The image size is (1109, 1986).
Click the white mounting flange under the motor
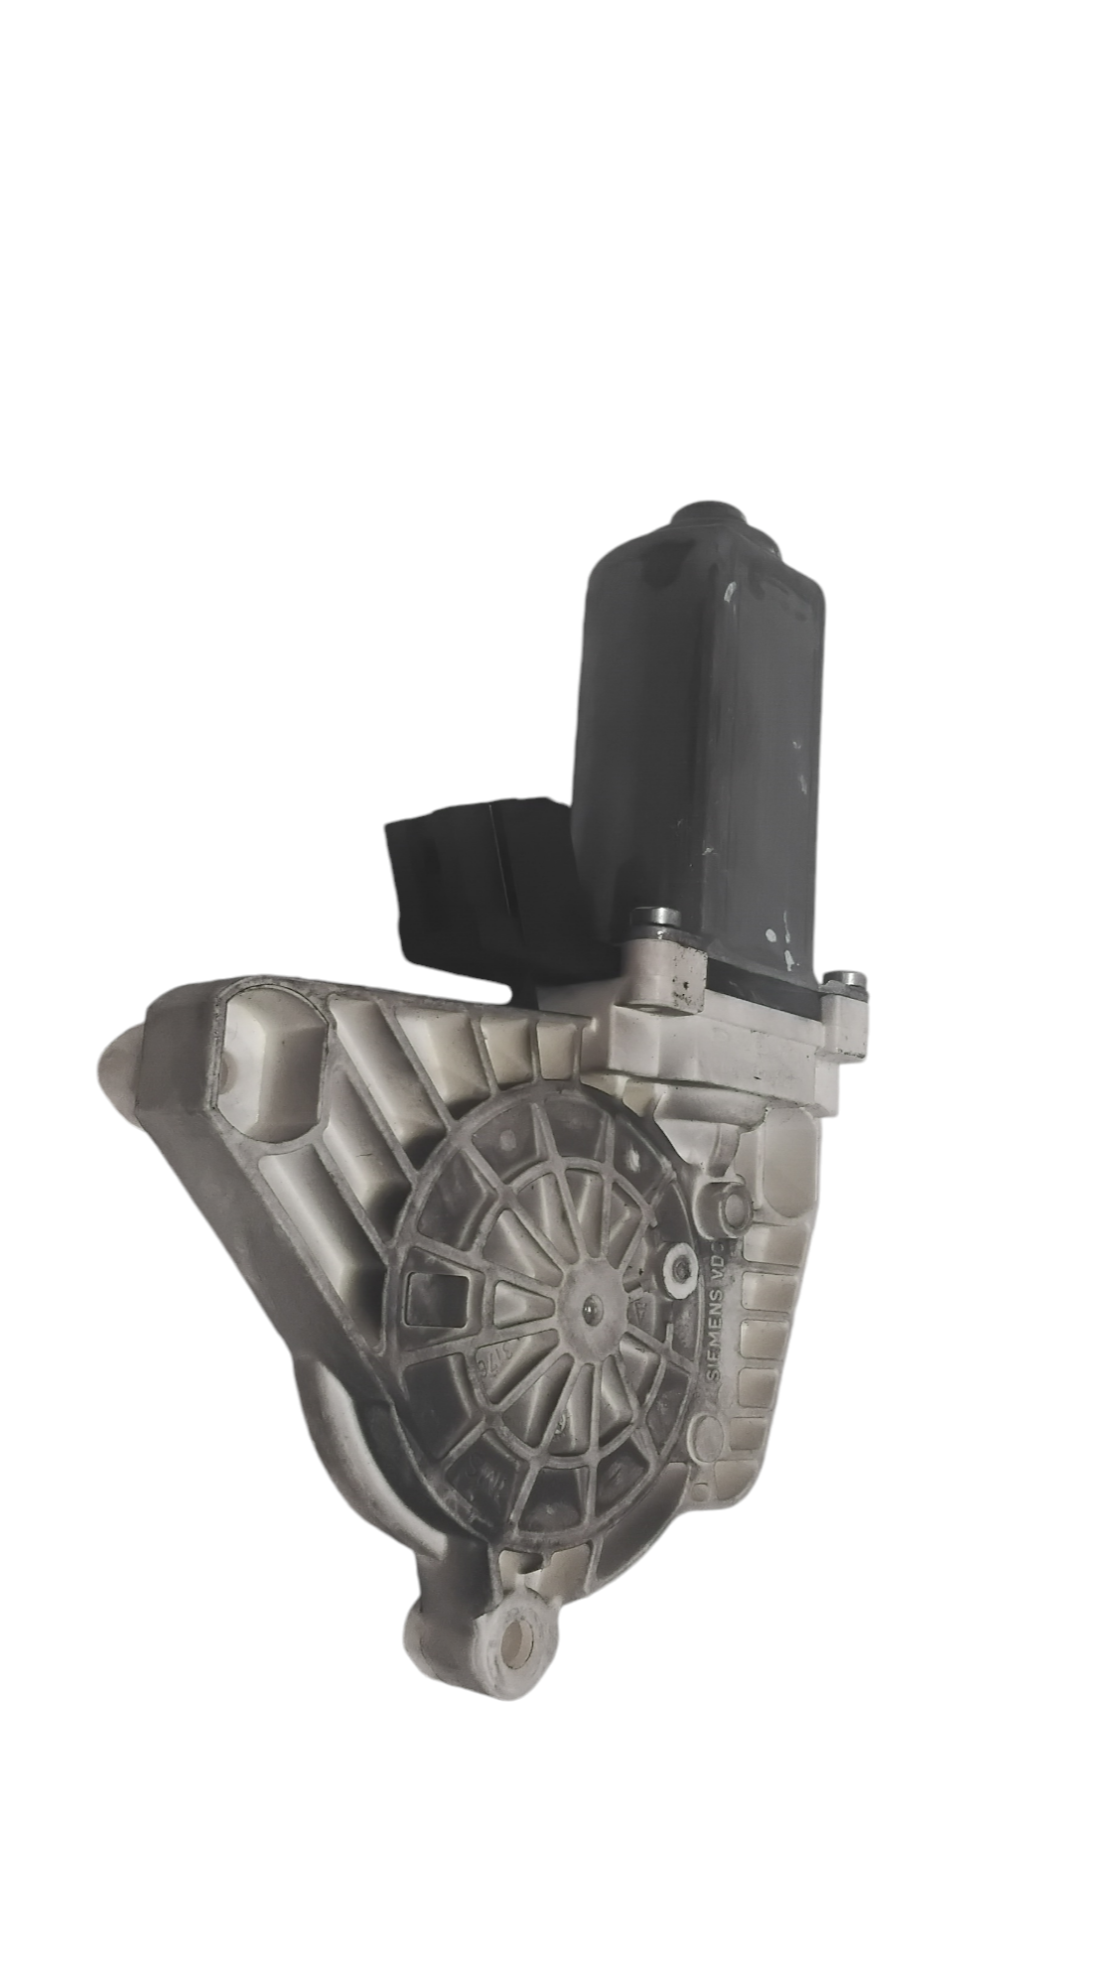pos(725,1033)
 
